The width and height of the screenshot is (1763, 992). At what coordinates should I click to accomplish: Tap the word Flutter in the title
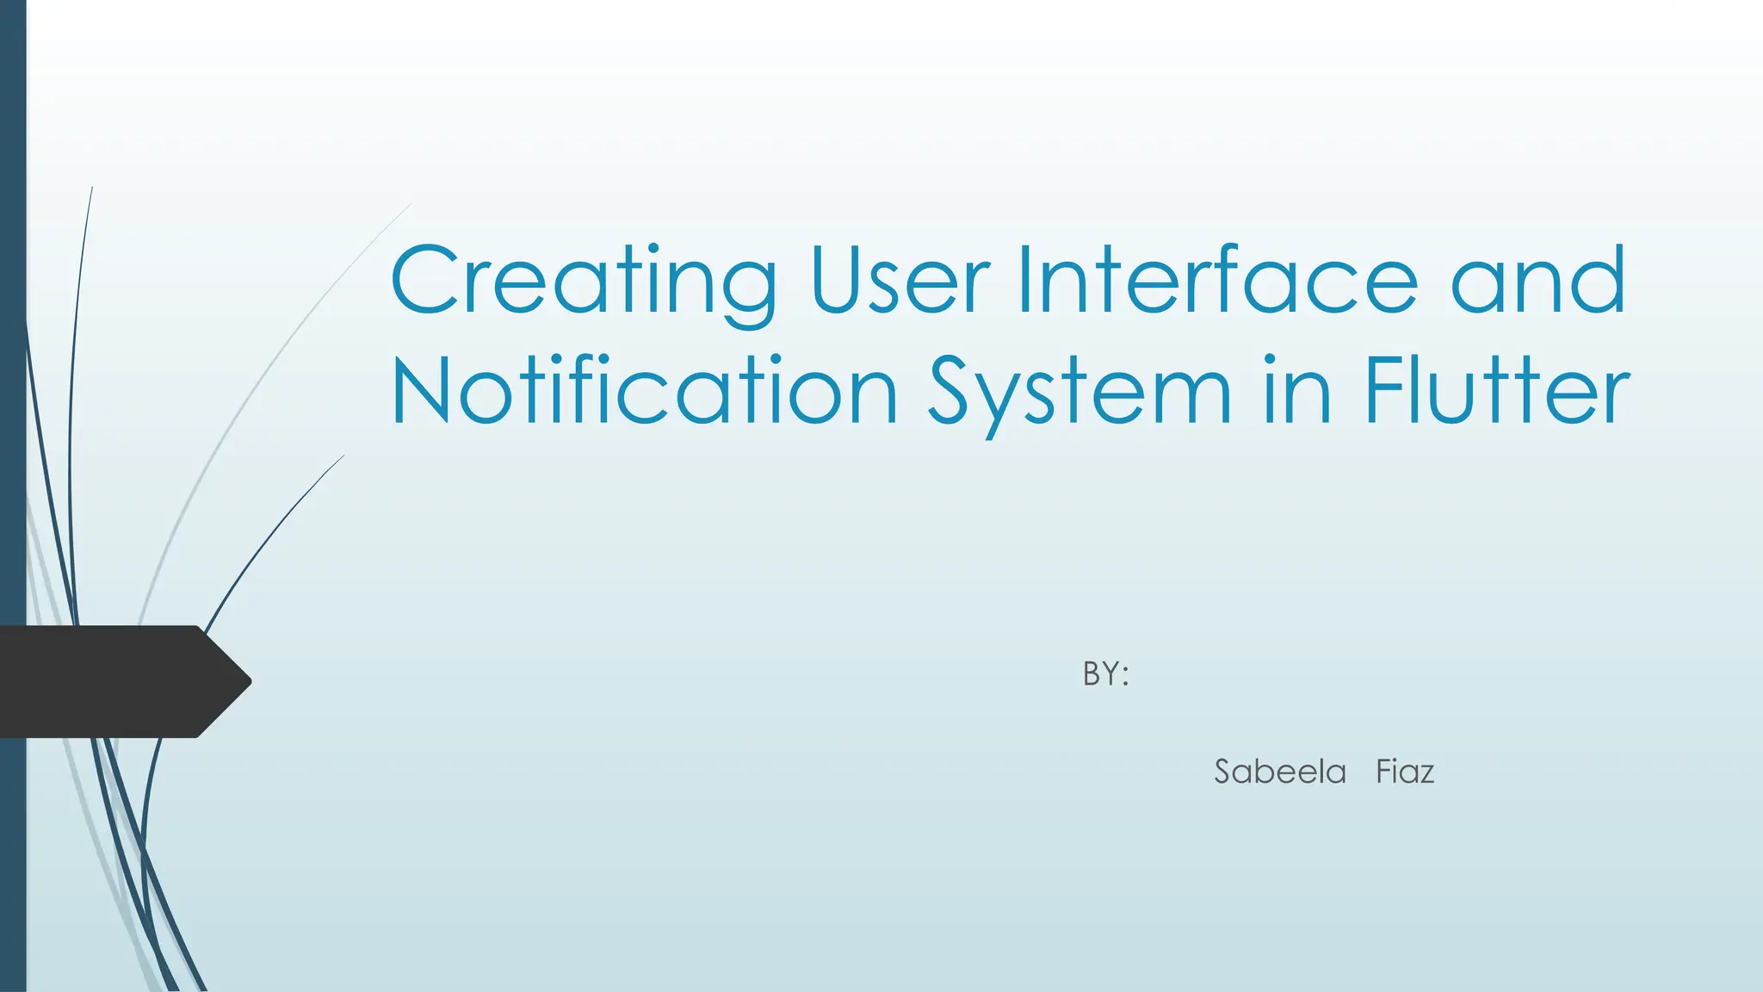point(1498,391)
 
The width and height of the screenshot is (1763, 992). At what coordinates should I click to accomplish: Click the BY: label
point(1105,673)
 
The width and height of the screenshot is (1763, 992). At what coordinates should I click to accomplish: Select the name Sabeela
point(1280,772)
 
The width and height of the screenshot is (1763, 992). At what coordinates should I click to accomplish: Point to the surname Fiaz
point(1405,772)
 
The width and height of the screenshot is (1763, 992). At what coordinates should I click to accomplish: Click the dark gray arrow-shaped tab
point(112,681)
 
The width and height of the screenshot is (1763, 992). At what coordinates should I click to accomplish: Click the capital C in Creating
point(424,281)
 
